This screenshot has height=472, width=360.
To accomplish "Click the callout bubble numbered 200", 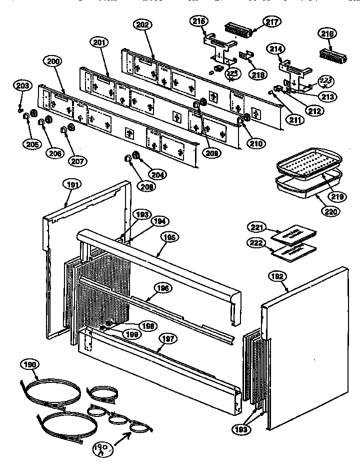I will tap(53, 62).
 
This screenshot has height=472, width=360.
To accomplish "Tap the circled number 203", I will tap(21, 85).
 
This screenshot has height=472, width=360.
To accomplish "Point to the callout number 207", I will tap(78, 161).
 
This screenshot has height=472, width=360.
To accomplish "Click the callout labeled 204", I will tap(159, 175).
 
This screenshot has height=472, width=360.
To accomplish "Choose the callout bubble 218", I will tap(258, 75).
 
